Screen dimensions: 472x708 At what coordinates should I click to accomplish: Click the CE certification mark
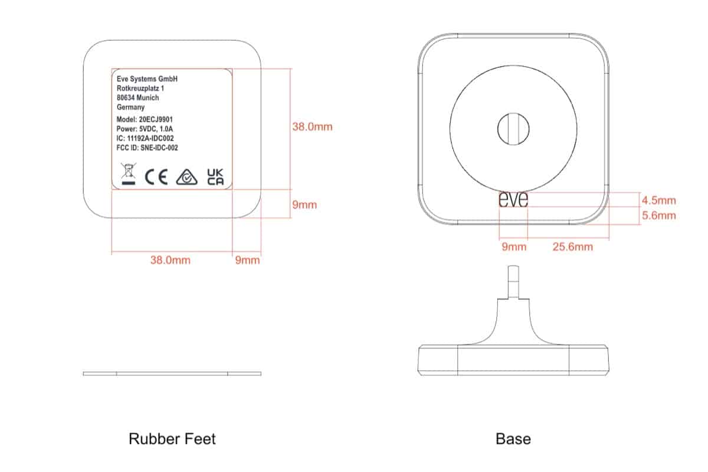tap(156, 177)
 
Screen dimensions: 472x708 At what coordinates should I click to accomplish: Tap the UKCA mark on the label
tap(215, 177)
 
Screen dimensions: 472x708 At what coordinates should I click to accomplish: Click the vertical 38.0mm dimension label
tap(313, 126)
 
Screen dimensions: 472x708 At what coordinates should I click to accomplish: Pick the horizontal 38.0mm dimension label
tap(170, 260)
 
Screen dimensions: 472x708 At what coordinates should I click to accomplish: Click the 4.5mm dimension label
tap(658, 201)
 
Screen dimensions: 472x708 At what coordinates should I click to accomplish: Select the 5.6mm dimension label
tap(658, 216)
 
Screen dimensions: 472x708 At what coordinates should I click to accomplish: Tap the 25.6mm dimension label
tap(572, 246)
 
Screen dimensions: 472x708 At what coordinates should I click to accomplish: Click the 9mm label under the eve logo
tap(513, 246)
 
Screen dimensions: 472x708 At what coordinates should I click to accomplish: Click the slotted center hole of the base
tap(513, 128)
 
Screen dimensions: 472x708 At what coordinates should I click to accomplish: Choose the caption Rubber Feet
tap(172, 439)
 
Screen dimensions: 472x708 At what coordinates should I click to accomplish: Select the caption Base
tap(513, 439)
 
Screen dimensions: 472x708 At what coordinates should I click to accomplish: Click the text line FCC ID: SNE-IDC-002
tap(147, 148)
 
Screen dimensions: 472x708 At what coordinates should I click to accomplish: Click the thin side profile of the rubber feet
tap(172, 373)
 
